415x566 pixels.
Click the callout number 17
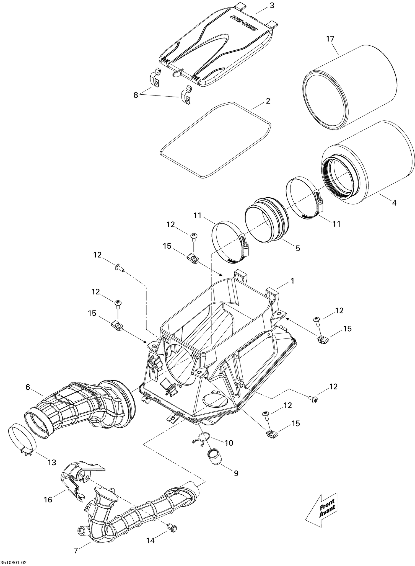(330, 39)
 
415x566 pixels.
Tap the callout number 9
(236, 473)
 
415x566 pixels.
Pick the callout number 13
(52, 462)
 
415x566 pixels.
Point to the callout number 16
(48, 500)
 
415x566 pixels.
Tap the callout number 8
(136, 95)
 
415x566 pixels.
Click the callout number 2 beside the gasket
(268, 101)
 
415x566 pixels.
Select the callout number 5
(297, 248)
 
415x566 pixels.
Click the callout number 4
(394, 203)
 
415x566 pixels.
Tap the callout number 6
(28, 387)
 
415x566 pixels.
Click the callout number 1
(292, 281)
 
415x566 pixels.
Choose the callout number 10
(229, 443)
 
